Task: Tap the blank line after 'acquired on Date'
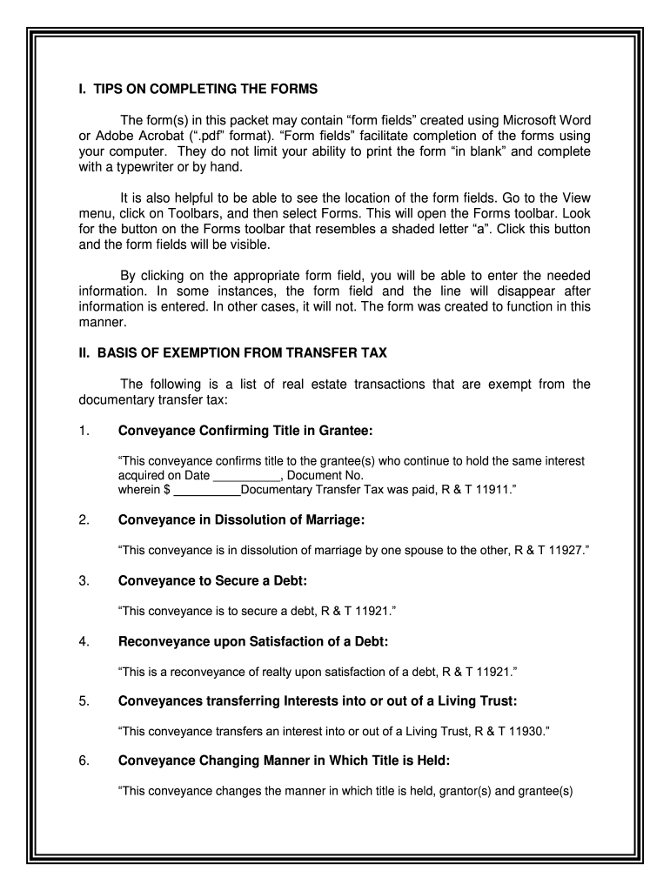246,477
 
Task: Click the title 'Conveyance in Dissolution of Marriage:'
241,520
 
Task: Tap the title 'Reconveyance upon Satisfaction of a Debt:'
252,642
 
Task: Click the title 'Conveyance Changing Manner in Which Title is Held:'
284,760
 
